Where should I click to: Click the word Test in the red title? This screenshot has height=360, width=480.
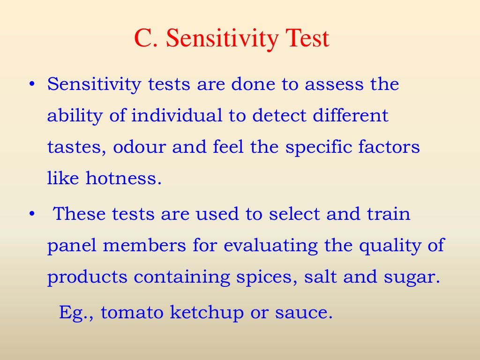[304, 38]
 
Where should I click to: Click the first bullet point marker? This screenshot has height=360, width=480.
[31, 85]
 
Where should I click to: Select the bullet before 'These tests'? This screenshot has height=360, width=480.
[31, 214]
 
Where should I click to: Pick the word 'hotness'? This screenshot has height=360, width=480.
[123, 179]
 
